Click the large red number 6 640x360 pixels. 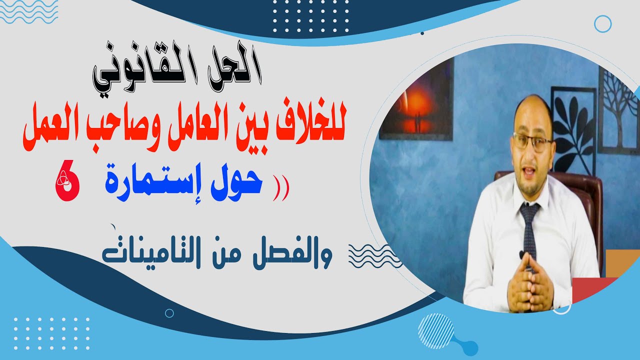click(67, 184)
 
